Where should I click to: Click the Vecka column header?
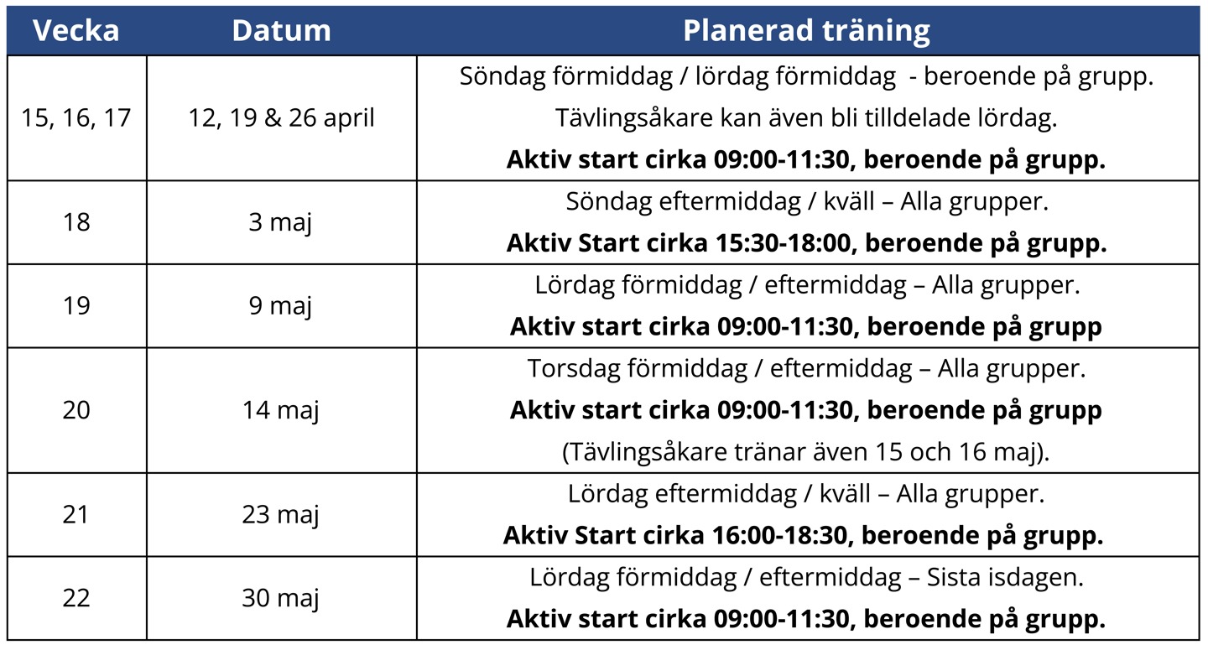coord(76,30)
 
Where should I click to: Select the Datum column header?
coord(281,30)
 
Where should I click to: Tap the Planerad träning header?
coord(806,31)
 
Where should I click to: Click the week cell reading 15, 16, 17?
coord(76,118)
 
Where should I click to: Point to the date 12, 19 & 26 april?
coord(281,118)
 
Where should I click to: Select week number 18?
coord(76,222)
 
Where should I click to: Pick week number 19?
coord(76,305)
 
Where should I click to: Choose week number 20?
coord(76,410)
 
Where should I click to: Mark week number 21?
coord(75,515)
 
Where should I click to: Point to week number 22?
coord(76,598)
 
